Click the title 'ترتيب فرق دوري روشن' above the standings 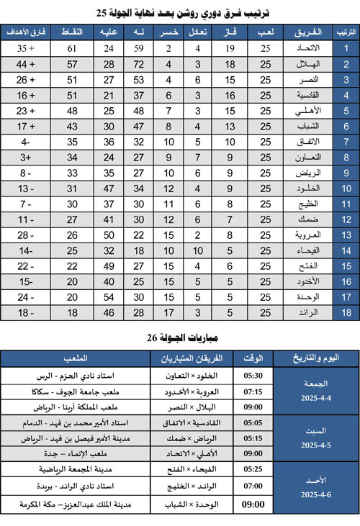tap(180, 12)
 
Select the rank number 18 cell tap(345, 312)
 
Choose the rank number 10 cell tap(345, 189)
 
